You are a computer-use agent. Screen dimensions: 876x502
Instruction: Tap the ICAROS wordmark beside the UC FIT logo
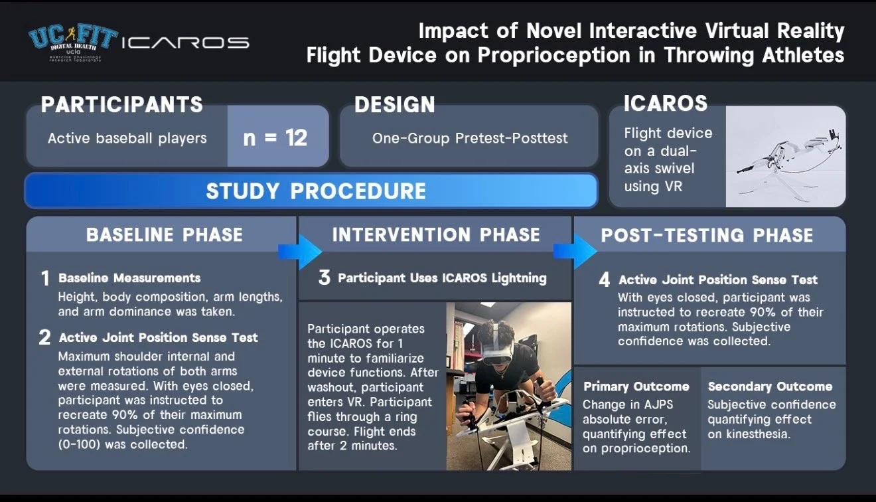[x=185, y=42]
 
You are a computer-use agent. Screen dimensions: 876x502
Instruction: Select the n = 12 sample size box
[x=277, y=137]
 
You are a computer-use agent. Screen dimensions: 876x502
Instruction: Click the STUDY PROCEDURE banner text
[x=316, y=191]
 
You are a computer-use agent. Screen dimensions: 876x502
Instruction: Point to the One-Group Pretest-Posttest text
[x=470, y=138]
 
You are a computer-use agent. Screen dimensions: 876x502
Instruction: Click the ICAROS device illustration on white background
[x=786, y=157]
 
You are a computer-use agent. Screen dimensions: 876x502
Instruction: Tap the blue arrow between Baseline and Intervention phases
[x=300, y=252]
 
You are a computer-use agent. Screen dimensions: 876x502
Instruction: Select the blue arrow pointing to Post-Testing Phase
[x=575, y=252]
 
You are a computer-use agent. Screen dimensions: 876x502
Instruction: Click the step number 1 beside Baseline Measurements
[x=45, y=279]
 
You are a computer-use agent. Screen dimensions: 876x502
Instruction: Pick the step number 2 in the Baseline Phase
[x=44, y=337]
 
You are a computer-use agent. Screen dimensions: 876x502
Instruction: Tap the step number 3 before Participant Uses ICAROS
[x=325, y=278]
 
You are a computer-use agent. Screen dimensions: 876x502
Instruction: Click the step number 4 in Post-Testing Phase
[x=604, y=280]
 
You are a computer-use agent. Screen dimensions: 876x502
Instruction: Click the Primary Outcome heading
[x=636, y=386]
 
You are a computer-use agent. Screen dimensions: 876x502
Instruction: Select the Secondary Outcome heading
[x=770, y=386]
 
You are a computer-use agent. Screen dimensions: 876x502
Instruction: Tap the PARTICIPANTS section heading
[x=121, y=104]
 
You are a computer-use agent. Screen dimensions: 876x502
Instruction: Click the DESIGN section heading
[x=395, y=104]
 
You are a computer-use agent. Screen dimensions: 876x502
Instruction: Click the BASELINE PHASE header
[x=165, y=235]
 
